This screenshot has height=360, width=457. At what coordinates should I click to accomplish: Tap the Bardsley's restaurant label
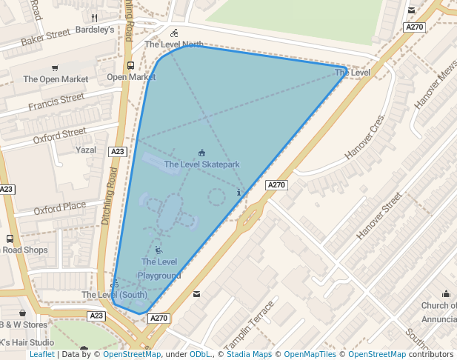point(95,30)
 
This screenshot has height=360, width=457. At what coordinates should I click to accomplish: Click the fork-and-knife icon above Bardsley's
point(94,17)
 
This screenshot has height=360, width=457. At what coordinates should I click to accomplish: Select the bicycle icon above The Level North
point(174,33)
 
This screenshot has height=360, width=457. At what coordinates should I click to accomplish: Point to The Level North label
point(173,44)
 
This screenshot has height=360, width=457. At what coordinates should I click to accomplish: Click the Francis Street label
point(56,102)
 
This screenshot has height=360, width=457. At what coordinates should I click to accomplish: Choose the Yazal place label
point(86,150)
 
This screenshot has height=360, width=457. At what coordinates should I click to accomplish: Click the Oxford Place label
point(60,208)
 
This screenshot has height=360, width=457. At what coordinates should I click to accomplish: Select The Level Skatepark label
point(201,164)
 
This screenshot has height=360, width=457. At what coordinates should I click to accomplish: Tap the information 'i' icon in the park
point(238,193)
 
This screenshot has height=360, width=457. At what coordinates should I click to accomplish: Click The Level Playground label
point(159,268)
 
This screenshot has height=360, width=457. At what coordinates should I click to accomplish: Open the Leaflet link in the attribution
point(41,354)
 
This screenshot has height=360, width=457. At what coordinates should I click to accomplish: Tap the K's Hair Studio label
point(27,342)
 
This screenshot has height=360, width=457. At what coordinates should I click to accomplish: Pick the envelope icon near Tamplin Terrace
point(196,294)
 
